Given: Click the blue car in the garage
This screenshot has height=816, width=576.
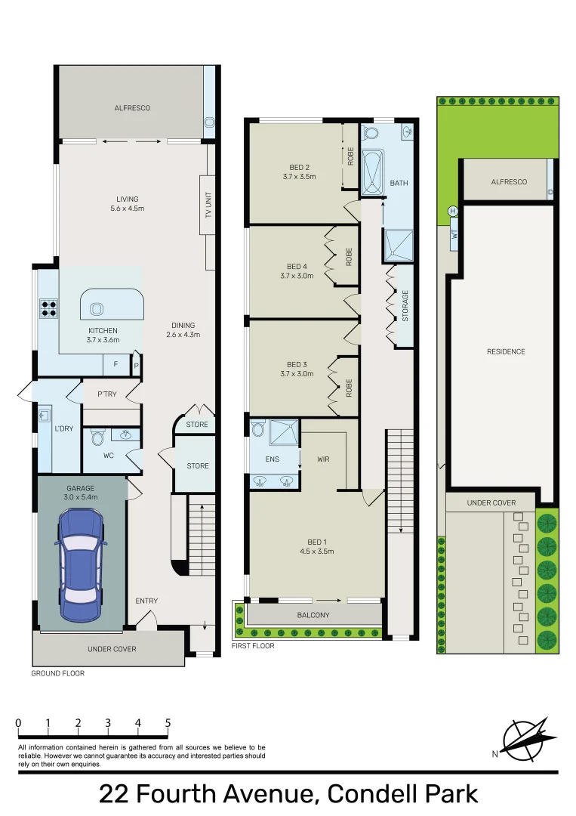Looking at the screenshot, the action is (x=81, y=564).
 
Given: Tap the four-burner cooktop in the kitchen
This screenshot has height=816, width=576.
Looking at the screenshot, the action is (x=49, y=308).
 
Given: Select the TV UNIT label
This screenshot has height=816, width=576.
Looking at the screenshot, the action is (x=208, y=205).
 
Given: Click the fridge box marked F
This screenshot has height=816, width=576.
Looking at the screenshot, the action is (x=116, y=364).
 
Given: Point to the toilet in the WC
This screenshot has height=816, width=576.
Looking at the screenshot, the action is (x=97, y=437).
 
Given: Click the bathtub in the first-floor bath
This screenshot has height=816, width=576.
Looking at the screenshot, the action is (x=372, y=172).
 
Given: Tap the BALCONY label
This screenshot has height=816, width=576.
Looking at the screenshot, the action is (x=313, y=615).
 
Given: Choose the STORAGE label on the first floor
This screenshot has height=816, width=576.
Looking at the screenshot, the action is (x=405, y=305).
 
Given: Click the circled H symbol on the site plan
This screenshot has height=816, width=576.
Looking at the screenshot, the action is (x=453, y=212).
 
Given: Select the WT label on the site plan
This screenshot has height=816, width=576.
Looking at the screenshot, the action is (x=454, y=235).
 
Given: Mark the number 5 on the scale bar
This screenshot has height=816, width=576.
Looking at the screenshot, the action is (x=168, y=723).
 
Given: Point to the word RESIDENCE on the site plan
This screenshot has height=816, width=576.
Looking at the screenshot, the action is (x=506, y=352).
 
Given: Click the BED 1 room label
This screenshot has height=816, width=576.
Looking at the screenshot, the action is (x=316, y=542).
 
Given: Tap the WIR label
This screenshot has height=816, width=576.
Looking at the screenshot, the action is (x=323, y=459).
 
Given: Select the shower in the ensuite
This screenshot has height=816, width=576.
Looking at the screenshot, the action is (x=283, y=432).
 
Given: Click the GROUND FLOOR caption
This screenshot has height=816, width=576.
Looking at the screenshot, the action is (x=57, y=673).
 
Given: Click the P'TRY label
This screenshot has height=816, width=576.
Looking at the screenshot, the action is (x=107, y=394).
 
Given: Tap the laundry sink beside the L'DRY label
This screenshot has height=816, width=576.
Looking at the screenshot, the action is (x=45, y=416).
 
